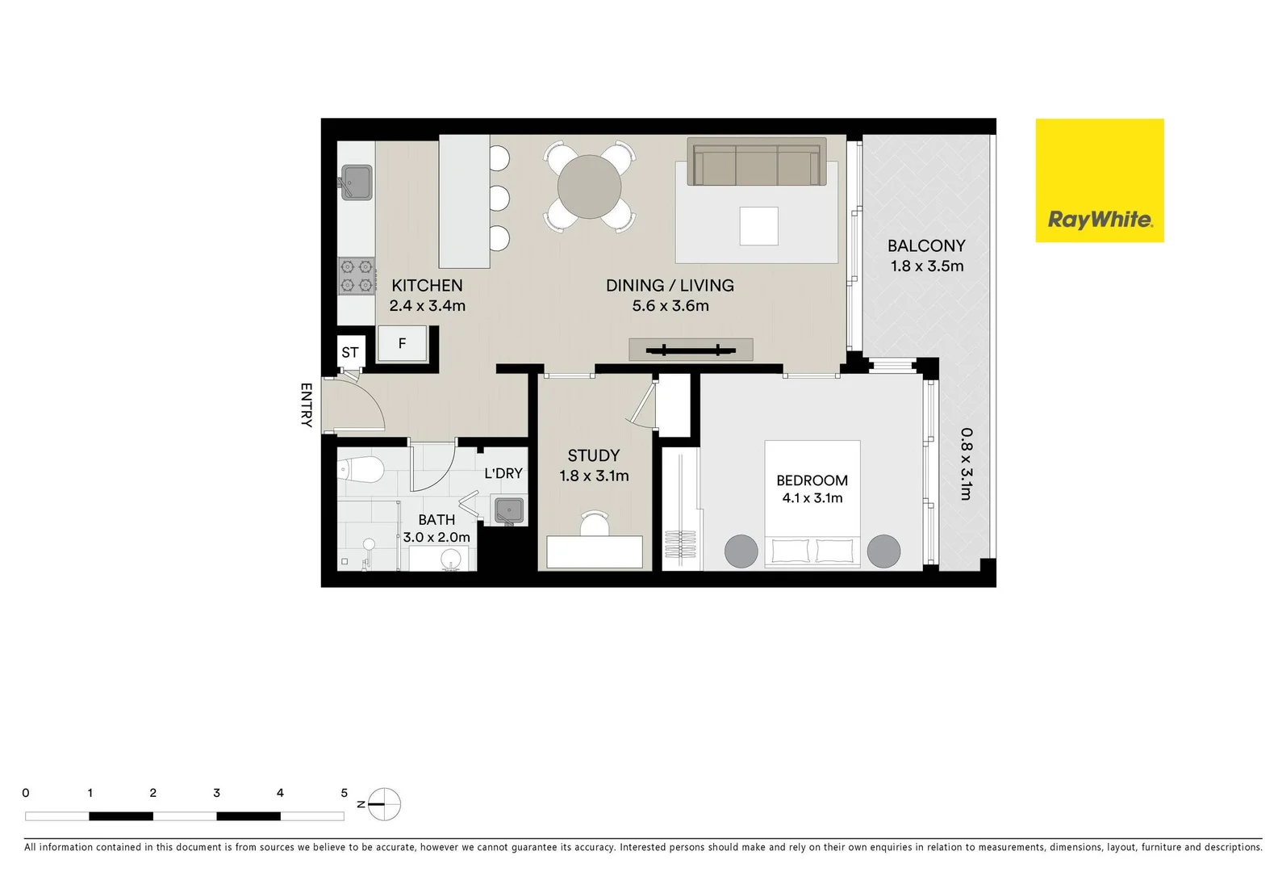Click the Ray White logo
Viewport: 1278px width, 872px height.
(1099, 181)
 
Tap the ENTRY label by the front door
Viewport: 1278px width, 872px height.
(306, 405)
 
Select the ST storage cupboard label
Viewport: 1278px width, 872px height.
(350, 352)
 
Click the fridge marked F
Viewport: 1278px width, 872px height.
(402, 344)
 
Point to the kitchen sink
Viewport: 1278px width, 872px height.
(356, 182)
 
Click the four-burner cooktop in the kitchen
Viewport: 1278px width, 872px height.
(357, 275)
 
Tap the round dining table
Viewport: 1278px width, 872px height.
(590, 187)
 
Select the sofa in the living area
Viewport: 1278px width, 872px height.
(756, 162)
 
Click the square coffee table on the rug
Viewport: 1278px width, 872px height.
(758, 226)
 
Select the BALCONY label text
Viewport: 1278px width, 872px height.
(926, 245)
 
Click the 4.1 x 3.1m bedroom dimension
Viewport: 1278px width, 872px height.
(812, 498)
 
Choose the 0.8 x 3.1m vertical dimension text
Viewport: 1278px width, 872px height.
(966, 463)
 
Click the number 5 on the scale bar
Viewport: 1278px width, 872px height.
(344, 793)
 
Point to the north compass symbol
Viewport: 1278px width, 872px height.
(386, 803)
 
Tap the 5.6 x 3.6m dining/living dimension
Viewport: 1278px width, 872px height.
(670, 306)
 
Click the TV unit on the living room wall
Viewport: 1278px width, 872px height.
(691, 350)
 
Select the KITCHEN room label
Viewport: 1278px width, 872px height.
(427, 285)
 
